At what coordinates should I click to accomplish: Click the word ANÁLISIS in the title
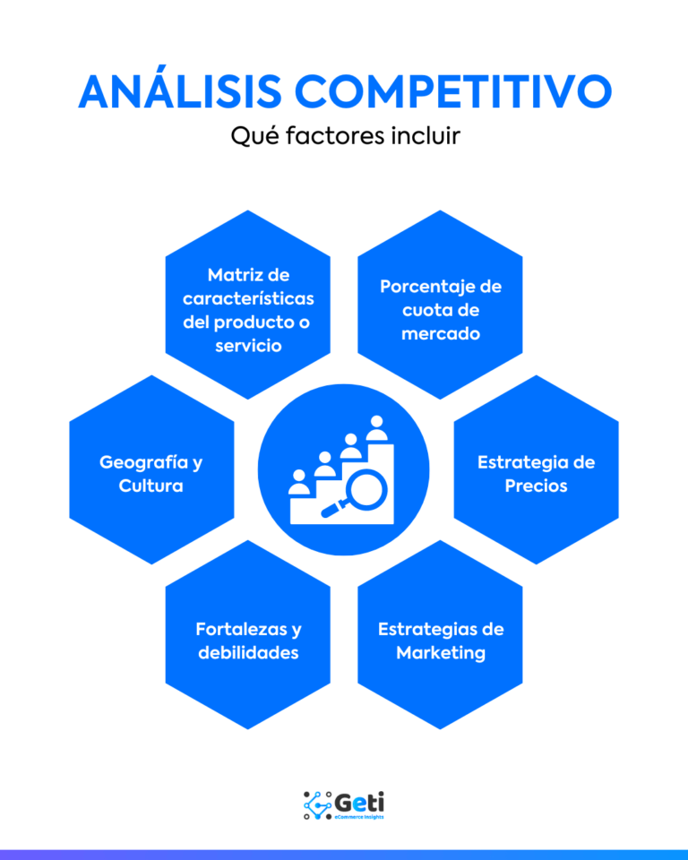tap(179, 92)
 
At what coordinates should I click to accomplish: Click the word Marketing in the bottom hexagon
tap(441, 652)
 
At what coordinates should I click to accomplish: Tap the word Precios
tap(536, 486)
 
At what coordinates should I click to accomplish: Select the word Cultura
tap(150, 486)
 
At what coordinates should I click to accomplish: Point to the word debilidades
tap(248, 652)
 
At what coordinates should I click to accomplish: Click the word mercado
tap(441, 333)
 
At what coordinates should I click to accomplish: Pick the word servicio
tap(248, 345)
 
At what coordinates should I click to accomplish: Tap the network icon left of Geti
tap(318, 804)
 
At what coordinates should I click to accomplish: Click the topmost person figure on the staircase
tap(375, 427)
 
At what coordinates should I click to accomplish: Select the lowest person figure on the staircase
tap(298, 482)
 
